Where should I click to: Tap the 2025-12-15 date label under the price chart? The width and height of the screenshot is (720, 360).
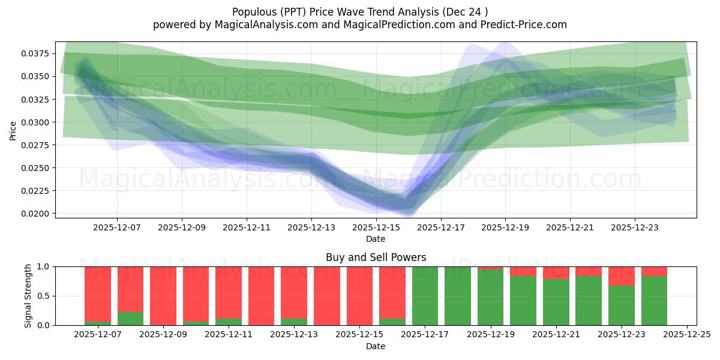coord(376,228)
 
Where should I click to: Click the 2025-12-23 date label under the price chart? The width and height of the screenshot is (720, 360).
coord(635,228)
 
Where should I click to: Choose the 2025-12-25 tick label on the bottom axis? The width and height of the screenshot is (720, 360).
coord(686,335)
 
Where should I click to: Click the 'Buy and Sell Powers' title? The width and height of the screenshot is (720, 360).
coord(376,257)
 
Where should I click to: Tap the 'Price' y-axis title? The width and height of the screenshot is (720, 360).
coord(13,130)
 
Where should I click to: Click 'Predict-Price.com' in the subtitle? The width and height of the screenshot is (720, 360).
coord(522,25)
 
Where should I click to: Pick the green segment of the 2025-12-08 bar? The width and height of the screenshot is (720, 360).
coord(130,319)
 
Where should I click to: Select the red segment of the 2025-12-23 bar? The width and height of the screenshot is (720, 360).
coord(621,276)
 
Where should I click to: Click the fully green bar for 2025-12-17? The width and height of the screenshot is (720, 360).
coord(425,296)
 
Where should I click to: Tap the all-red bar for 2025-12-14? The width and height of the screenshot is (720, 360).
coord(326,296)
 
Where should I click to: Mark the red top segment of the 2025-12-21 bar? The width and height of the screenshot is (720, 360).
coord(556,273)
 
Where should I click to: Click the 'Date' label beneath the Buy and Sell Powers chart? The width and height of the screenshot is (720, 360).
coord(376,346)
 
